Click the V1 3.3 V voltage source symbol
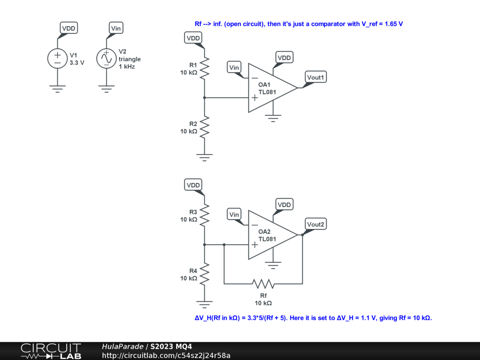coord(58,58)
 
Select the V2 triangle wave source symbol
coord(106,58)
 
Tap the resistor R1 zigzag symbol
coord(204,68)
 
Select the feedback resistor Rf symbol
coord(263,284)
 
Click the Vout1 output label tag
coord(315,77)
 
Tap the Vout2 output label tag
coord(315,225)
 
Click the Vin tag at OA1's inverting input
coord(234,67)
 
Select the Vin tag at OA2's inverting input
coord(234,215)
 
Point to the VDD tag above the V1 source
coord(68,28)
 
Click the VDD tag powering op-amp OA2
coord(284,205)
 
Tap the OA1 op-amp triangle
coord(270,88)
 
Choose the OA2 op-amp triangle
coord(270,235)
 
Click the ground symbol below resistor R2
coord(204,157)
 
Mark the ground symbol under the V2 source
coord(106,89)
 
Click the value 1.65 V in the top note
coord(393,24)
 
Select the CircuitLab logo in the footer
coord(51,351)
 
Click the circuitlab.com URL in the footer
coord(166,355)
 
